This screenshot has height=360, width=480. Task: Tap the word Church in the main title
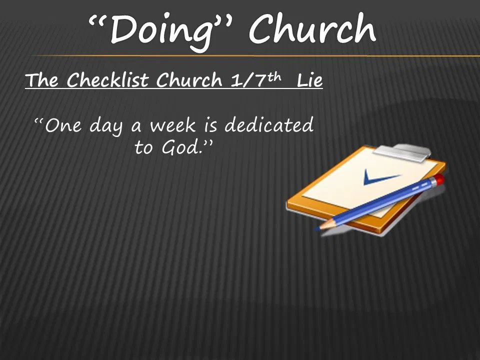click(312, 28)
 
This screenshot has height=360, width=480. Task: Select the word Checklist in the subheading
click(108, 79)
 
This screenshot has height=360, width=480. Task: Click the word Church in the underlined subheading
click(189, 79)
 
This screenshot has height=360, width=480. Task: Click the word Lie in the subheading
click(310, 79)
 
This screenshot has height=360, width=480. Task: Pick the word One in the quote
click(63, 125)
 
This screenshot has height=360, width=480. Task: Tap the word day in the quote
click(105, 126)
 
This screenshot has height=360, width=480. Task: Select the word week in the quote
click(172, 125)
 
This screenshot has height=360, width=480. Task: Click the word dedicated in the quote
click(269, 124)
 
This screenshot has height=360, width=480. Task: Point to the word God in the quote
click(180, 147)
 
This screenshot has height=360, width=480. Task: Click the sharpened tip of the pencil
click(318, 228)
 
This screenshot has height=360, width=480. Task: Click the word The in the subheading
click(41, 79)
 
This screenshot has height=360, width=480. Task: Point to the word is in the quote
click(211, 125)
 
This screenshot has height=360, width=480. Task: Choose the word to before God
click(143, 147)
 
